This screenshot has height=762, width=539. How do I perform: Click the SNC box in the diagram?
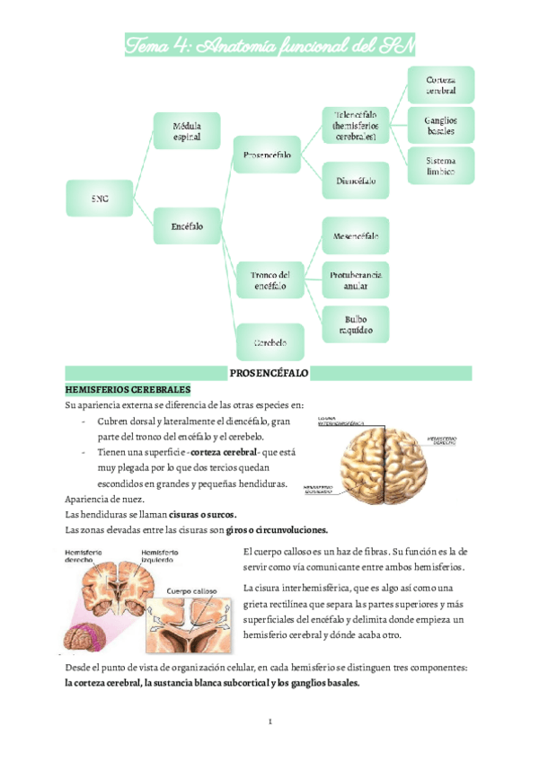101,199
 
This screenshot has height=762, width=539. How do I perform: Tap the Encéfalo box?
187,226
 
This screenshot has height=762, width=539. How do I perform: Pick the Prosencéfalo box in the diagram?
267,155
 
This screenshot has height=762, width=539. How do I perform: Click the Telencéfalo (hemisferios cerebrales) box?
356,126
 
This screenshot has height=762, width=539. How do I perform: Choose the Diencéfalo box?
356,181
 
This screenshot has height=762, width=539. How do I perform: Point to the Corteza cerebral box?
441,84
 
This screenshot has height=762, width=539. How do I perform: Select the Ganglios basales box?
441,125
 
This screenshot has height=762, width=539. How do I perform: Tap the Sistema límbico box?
441,165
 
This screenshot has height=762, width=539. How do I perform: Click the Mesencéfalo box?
356,237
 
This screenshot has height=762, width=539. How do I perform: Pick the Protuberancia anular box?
356,280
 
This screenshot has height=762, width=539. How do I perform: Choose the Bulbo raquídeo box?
356,324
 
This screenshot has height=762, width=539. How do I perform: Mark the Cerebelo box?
270,342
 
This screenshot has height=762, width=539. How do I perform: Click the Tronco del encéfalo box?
270,280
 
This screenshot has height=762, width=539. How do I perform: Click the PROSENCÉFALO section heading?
269,371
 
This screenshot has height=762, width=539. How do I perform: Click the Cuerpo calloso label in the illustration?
193,590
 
